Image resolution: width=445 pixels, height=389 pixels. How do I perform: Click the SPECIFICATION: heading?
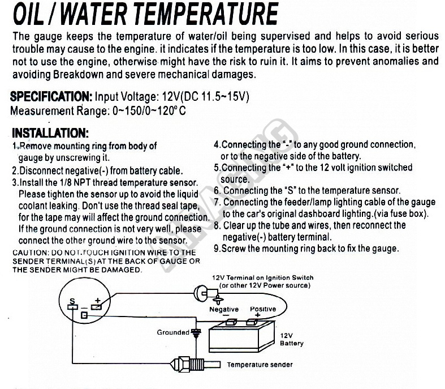(x=51, y=97)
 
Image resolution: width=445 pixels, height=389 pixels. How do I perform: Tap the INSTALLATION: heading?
(x=50, y=133)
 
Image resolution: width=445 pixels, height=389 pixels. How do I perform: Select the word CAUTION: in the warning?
(x=31, y=253)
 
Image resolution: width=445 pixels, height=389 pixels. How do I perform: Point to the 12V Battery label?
(x=291, y=340)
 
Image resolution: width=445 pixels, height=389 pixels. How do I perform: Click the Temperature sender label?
(x=260, y=365)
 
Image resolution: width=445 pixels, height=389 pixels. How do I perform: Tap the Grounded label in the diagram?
(x=173, y=332)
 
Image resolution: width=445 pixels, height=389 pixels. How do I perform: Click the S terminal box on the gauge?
(x=72, y=307)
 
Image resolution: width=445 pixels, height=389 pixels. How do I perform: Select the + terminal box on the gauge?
(x=96, y=307)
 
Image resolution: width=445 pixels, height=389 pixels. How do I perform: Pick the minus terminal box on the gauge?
(x=84, y=315)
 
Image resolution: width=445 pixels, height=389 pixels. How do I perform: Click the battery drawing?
(x=241, y=337)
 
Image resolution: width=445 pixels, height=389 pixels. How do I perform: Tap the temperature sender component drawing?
(x=195, y=364)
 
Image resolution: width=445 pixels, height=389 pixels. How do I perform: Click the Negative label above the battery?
(x=224, y=309)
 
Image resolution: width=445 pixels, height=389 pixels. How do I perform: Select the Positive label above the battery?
(x=263, y=309)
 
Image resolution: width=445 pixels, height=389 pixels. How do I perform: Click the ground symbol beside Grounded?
(x=196, y=332)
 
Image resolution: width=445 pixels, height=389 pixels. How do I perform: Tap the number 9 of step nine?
(x=217, y=249)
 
